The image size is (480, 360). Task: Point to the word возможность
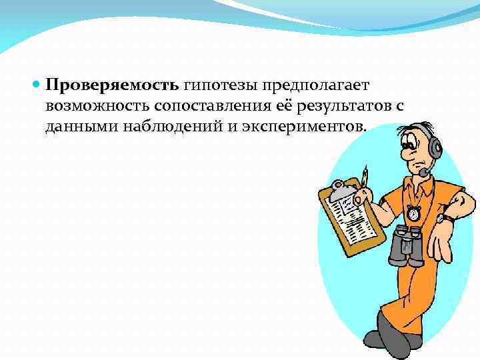click(x=99, y=107)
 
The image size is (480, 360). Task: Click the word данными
click(x=79, y=127)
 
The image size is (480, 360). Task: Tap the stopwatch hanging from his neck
click(x=415, y=213)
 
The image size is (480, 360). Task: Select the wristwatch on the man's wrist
click(x=441, y=216)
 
